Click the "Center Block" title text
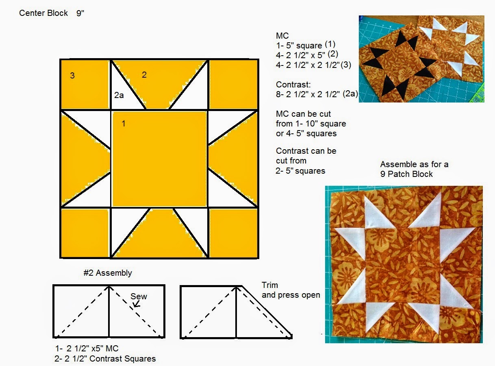pos(43,13)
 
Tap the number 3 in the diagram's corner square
pos(72,76)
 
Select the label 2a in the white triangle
pos(119,95)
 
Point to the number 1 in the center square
pos(124,124)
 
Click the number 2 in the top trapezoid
pos(144,74)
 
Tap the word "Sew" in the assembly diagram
pos(139,296)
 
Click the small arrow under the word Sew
pos(137,304)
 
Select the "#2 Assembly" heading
pos(108,273)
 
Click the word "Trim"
pos(269,285)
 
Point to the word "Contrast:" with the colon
pos(293,85)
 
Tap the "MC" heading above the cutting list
pos(282,36)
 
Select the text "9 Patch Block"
pos(406,174)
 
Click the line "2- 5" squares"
pos(300,171)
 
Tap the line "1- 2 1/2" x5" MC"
pos(87,349)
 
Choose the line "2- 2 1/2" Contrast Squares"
pos(105,359)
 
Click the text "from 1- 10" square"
pos(311,124)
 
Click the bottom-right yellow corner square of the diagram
pos(233,233)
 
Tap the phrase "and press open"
pos(291,295)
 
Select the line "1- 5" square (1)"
pos(306,45)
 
